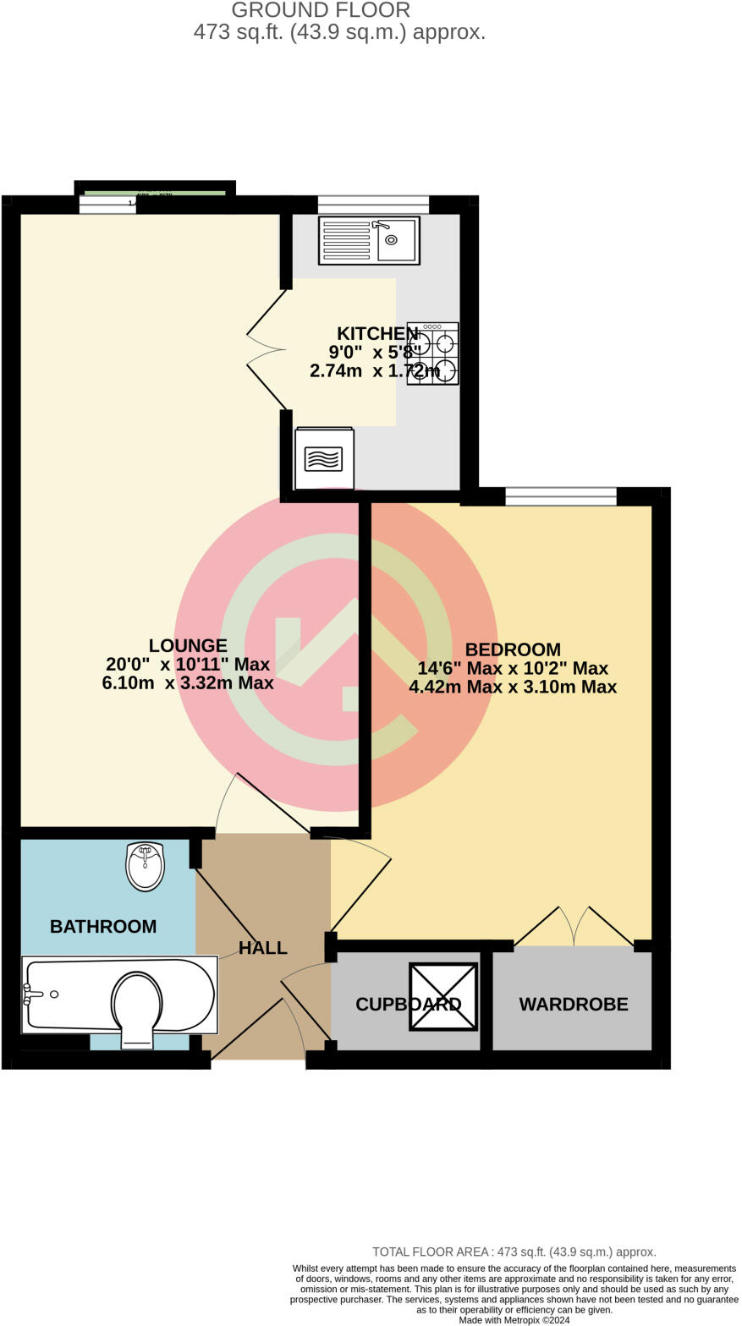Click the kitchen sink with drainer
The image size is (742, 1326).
[x=369, y=240]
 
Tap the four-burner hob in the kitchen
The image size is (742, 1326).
[x=432, y=353]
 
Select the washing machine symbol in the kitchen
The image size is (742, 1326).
[x=324, y=458]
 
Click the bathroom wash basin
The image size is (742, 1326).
[x=145, y=866]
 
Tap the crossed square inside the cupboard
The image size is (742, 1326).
[x=442, y=996]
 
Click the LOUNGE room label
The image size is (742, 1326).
[x=188, y=646]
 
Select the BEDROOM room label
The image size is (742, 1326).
[x=513, y=649]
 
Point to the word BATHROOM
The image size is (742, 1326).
[x=103, y=927]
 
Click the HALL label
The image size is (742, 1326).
[x=262, y=948]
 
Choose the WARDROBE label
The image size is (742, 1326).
[x=574, y=1005]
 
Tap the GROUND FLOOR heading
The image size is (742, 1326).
[x=321, y=10]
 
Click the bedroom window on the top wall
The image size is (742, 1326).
[x=561, y=497]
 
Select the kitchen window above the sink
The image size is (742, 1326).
[x=373, y=205]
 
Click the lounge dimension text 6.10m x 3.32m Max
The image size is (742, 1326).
[x=188, y=683]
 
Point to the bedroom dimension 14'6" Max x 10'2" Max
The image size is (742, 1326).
[x=513, y=668]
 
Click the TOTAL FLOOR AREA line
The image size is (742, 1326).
[x=514, y=1252]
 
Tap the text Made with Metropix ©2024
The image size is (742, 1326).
[x=514, y=1320]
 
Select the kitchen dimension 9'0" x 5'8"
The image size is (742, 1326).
[x=375, y=352]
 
